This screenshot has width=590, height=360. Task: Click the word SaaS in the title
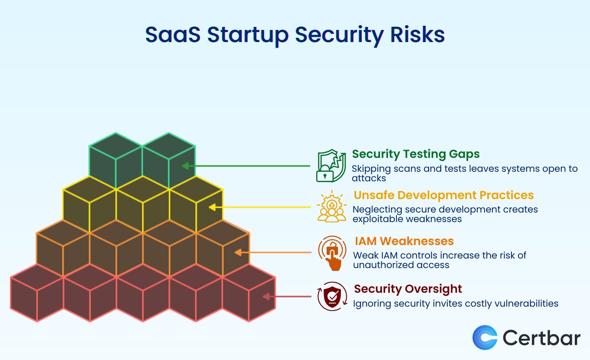173,35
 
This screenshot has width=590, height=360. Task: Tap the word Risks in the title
417,35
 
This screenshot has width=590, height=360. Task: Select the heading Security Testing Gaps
416,154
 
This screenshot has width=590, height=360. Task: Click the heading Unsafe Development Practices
443,195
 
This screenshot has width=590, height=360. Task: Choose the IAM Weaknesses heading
404,241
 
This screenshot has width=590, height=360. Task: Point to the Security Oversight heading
408,289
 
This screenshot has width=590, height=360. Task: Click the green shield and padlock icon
331,165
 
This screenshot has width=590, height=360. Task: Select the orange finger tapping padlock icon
332,253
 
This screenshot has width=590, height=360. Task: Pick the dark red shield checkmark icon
332,296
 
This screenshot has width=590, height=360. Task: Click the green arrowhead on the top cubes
185,166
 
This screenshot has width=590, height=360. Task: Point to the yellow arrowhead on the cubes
212,207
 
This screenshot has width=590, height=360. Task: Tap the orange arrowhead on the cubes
238,252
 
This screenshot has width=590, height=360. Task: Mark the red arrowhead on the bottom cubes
266,297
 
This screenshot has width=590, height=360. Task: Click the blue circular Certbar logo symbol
485,337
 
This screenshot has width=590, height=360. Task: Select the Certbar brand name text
541,337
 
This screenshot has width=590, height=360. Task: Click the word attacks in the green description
369,178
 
